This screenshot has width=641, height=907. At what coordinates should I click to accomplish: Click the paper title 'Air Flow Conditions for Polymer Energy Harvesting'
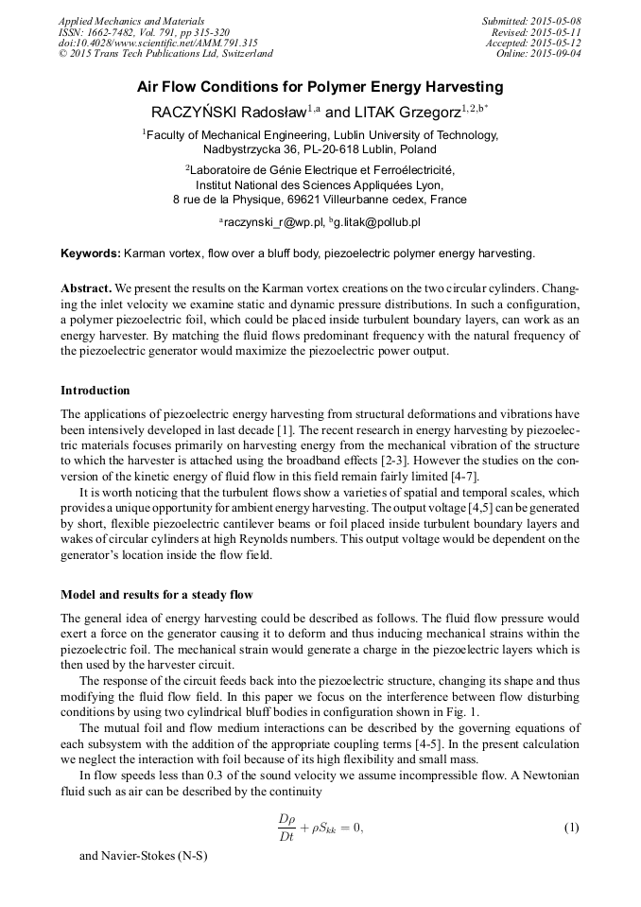(x=320, y=87)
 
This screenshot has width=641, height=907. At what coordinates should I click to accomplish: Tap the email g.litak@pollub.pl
(x=378, y=222)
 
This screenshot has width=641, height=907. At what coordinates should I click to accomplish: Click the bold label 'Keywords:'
(x=91, y=253)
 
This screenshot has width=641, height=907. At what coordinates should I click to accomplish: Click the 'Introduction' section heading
(x=95, y=391)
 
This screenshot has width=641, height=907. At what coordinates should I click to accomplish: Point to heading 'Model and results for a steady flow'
(x=157, y=595)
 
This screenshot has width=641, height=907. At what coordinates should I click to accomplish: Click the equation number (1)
(x=571, y=828)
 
